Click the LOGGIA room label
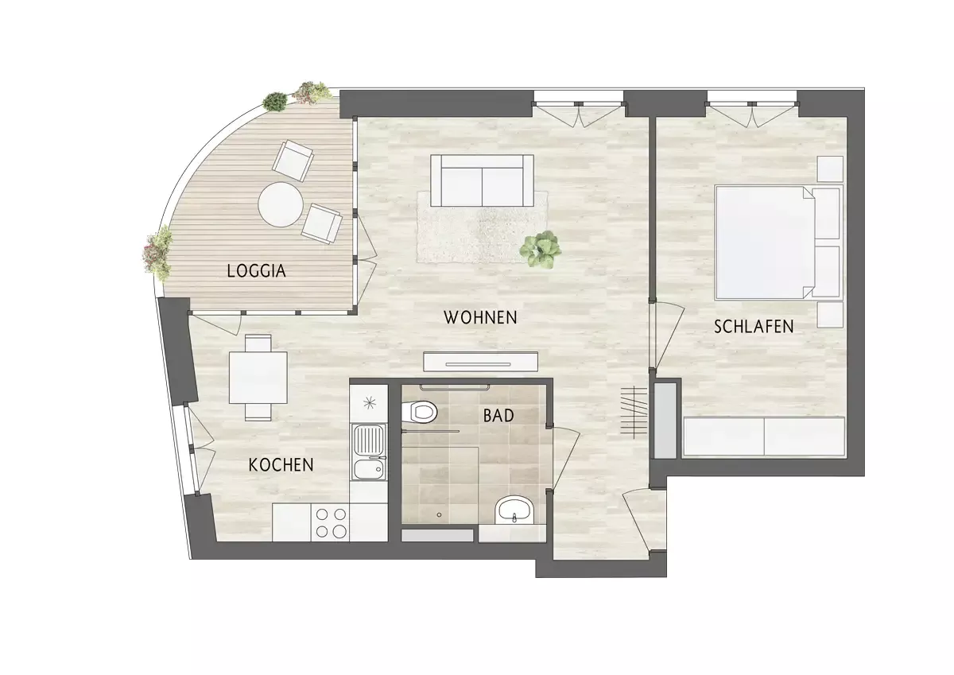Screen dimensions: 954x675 (x=256, y=271)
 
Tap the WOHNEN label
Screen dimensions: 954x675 (x=480, y=317)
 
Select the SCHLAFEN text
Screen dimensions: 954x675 (x=754, y=327)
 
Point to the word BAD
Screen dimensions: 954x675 (x=498, y=416)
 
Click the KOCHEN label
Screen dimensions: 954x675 (x=281, y=465)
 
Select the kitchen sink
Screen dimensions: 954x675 (x=369, y=452)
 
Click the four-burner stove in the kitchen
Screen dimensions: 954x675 (x=331, y=523)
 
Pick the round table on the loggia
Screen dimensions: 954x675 (x=281, y=204)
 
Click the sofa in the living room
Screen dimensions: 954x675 (x=482, y=180)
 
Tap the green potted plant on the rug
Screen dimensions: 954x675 (x=541, y=249)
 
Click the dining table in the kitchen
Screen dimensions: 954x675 (x=258, y=378)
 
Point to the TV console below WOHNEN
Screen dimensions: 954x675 (x=480, y=362)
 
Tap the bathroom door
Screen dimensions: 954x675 (x=564, y=458)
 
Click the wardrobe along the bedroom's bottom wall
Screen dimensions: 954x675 (x=764, y=436)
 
